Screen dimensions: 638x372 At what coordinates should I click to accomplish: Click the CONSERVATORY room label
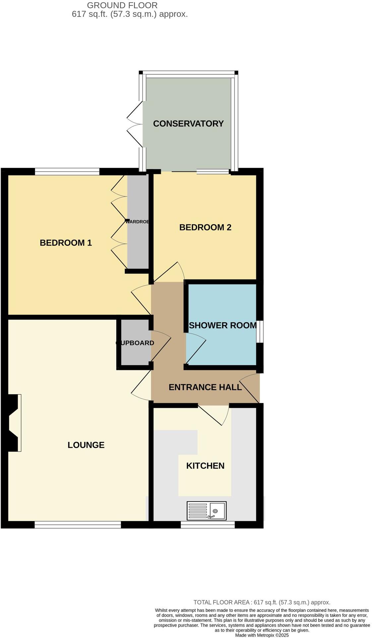(188, 123)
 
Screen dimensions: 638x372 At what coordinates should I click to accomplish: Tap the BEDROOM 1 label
(66, 243)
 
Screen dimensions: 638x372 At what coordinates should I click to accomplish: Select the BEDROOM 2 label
(205, 227)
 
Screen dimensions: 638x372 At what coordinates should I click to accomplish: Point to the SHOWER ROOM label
(222, 325)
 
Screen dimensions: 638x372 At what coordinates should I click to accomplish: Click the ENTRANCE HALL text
(205, 387)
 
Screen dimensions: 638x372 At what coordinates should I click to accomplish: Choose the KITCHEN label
(205, 466)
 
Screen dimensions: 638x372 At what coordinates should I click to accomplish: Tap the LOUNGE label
(86, 445)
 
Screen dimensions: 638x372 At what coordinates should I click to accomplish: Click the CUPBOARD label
(135, 343)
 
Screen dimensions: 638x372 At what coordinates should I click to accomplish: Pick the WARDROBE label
(137, 221)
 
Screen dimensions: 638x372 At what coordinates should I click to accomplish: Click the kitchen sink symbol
(206, 510)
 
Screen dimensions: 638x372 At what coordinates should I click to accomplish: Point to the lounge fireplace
(13, 422)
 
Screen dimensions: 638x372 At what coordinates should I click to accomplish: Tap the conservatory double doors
(135, 124)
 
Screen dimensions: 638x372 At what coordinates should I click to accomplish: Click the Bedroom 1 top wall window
(67, 171)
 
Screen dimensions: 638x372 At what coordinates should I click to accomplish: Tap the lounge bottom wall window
(78, 524)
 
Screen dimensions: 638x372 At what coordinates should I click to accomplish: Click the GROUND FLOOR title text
(122, 5)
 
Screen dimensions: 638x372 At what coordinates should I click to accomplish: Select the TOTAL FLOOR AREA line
(262, 602)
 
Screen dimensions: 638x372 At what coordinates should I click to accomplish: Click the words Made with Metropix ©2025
(262, 635)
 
